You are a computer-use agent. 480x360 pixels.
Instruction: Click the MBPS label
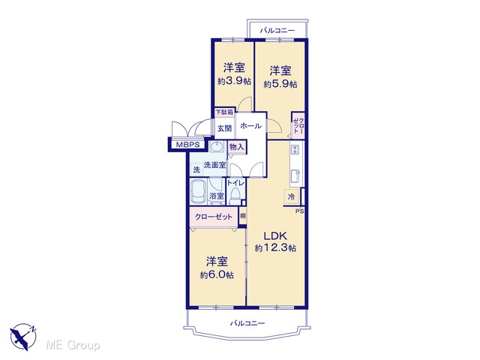[187, 145]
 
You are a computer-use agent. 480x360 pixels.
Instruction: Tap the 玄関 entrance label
[224, 128]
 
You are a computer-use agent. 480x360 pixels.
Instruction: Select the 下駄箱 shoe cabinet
[224, 112]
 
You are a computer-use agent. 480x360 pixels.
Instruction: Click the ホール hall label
[250, 126]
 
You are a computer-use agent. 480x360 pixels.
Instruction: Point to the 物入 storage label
[237, 147]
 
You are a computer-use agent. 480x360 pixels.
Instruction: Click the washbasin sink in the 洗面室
[217, 147]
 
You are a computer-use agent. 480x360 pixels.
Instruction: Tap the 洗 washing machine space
[196, 169]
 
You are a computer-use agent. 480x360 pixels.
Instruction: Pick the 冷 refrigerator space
[291, 196]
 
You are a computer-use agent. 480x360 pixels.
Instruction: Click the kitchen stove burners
[295, 150]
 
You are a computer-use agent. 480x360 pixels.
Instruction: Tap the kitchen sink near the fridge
[295, 176]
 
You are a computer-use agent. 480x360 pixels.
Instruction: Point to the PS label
[299, 211]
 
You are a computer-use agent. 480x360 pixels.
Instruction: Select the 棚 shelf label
[243, 216]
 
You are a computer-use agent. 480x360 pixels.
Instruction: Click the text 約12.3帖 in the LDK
[275, 248]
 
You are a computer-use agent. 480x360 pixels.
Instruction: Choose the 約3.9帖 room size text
[234, 81]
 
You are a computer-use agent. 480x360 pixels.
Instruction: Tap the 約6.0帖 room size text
[217, 275]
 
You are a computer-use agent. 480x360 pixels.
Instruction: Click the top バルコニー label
[277, 31]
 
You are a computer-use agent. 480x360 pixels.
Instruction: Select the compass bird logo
[23, 337]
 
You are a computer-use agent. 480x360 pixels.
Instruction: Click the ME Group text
[73, 345]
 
